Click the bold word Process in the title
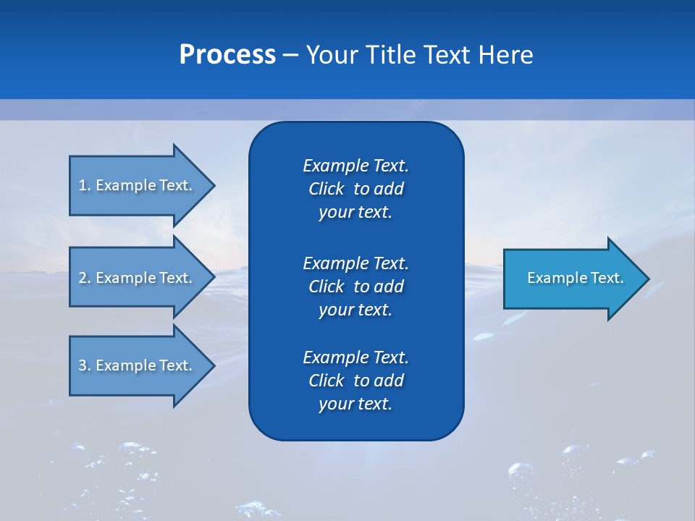tap(227, 55)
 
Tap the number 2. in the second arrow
tap(85, 278)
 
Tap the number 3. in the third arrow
tap(85, 365)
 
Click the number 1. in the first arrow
tap(85, 185)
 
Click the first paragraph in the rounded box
tap(355, 189)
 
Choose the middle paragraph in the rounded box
tap(355, 287)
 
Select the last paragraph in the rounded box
tap(355, 381)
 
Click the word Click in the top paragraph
tap(326, 189)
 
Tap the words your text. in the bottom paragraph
tap(355, 404)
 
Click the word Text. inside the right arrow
tap(607, 278)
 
